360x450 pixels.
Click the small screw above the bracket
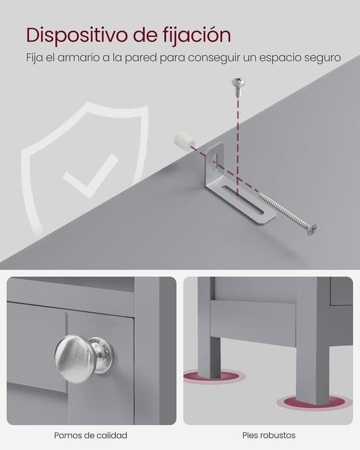coord(238,87)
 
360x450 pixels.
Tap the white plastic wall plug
coord(185,142)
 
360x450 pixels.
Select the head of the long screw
coord(312,230)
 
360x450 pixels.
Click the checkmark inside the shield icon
coord(91,175)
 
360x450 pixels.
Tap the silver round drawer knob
coord(84,358)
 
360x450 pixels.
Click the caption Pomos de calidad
coord(91,435)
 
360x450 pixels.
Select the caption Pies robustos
coord(269,435)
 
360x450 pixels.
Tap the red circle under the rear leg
coord(214,377)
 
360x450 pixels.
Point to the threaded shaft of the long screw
coord(283,210)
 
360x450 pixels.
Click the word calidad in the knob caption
coord(112,435)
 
